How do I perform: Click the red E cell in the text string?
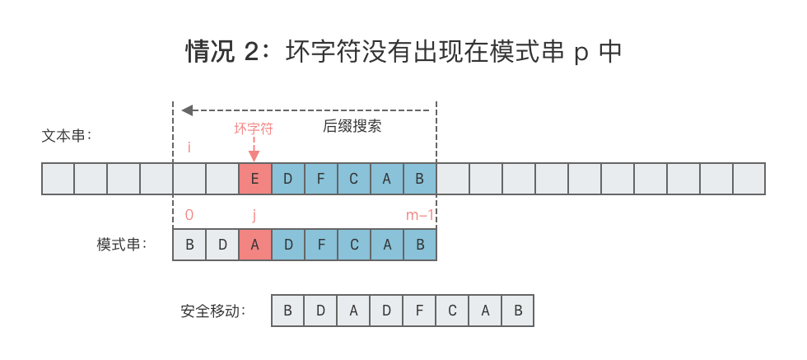click(254, 179)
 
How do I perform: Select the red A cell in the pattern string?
click(254, 245)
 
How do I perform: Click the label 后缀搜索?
click(352, 127)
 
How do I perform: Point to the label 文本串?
click(66, 135)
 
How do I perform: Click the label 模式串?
click(121, 245)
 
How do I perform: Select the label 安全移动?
click(213, 312)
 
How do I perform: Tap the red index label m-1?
click(420, 215)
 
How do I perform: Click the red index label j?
click(254, 215)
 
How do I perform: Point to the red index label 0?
click(189, 215)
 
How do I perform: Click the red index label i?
click(189, 148)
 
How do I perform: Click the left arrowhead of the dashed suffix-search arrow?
click(187, 110)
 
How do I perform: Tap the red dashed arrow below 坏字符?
click(254, 148)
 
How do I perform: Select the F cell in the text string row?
click(320, 179)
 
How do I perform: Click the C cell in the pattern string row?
click(353, 245)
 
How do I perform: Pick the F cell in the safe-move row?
click(419, 311)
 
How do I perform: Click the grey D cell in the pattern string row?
click(222, 245)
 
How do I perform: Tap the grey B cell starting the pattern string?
click(189, 245)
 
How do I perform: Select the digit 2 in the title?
click(253, 52)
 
